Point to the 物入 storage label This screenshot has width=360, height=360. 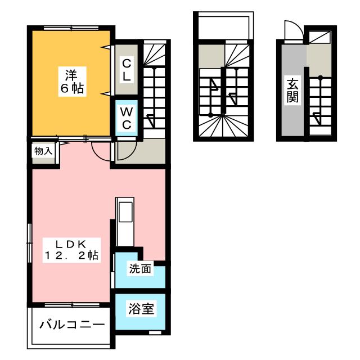(43, 151)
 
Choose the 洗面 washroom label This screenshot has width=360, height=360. (140, 269)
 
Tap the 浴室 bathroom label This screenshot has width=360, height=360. (140, 308)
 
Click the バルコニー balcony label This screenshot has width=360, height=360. (71, 326)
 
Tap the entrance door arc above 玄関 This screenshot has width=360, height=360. (292, 31)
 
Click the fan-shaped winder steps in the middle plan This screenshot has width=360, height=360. (223, 127)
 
